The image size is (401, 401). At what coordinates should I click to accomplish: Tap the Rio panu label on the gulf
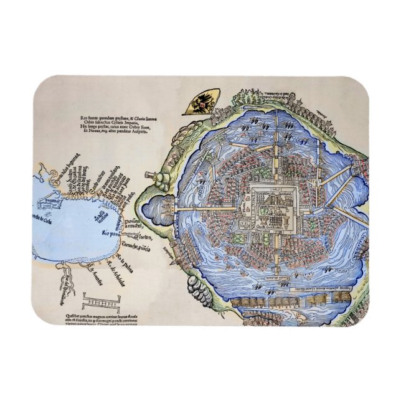coord(113,234)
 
